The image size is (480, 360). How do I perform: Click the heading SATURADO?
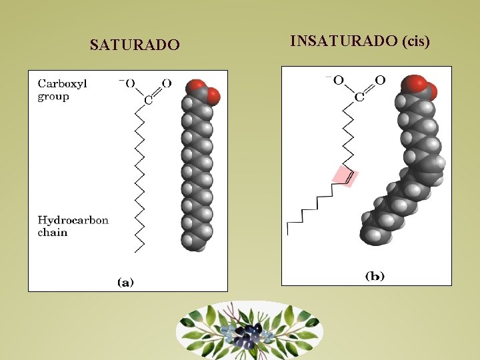tap(135, 45)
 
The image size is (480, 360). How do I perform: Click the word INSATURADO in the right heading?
tap(344, 41)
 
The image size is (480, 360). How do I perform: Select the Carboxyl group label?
tap(63, 89)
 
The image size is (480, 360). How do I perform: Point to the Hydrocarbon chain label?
tap(73, 226)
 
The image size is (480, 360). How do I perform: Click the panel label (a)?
tap(125, 282)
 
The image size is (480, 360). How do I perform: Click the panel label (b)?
tap(375, 275)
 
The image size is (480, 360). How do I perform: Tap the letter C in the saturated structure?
tap(148, 101)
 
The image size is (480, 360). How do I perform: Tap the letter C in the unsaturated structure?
tap(359, 97)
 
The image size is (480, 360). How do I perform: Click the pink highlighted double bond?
tap(345, 176)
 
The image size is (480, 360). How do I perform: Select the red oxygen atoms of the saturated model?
tap(203, 92)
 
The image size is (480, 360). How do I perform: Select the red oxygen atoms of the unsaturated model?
tap(418, 86)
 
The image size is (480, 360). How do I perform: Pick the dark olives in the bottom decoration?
tap(248, 333)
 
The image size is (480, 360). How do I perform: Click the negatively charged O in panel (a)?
tap(130, 83)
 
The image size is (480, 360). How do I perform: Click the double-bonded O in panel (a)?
tap(166, 83)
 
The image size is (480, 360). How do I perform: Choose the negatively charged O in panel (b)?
tap(338, 80)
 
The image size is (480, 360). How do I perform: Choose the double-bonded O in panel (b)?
tap(379, 80)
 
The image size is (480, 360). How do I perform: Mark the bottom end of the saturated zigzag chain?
tap(136, 250)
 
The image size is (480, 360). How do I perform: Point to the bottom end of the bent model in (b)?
tap(371, 236)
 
